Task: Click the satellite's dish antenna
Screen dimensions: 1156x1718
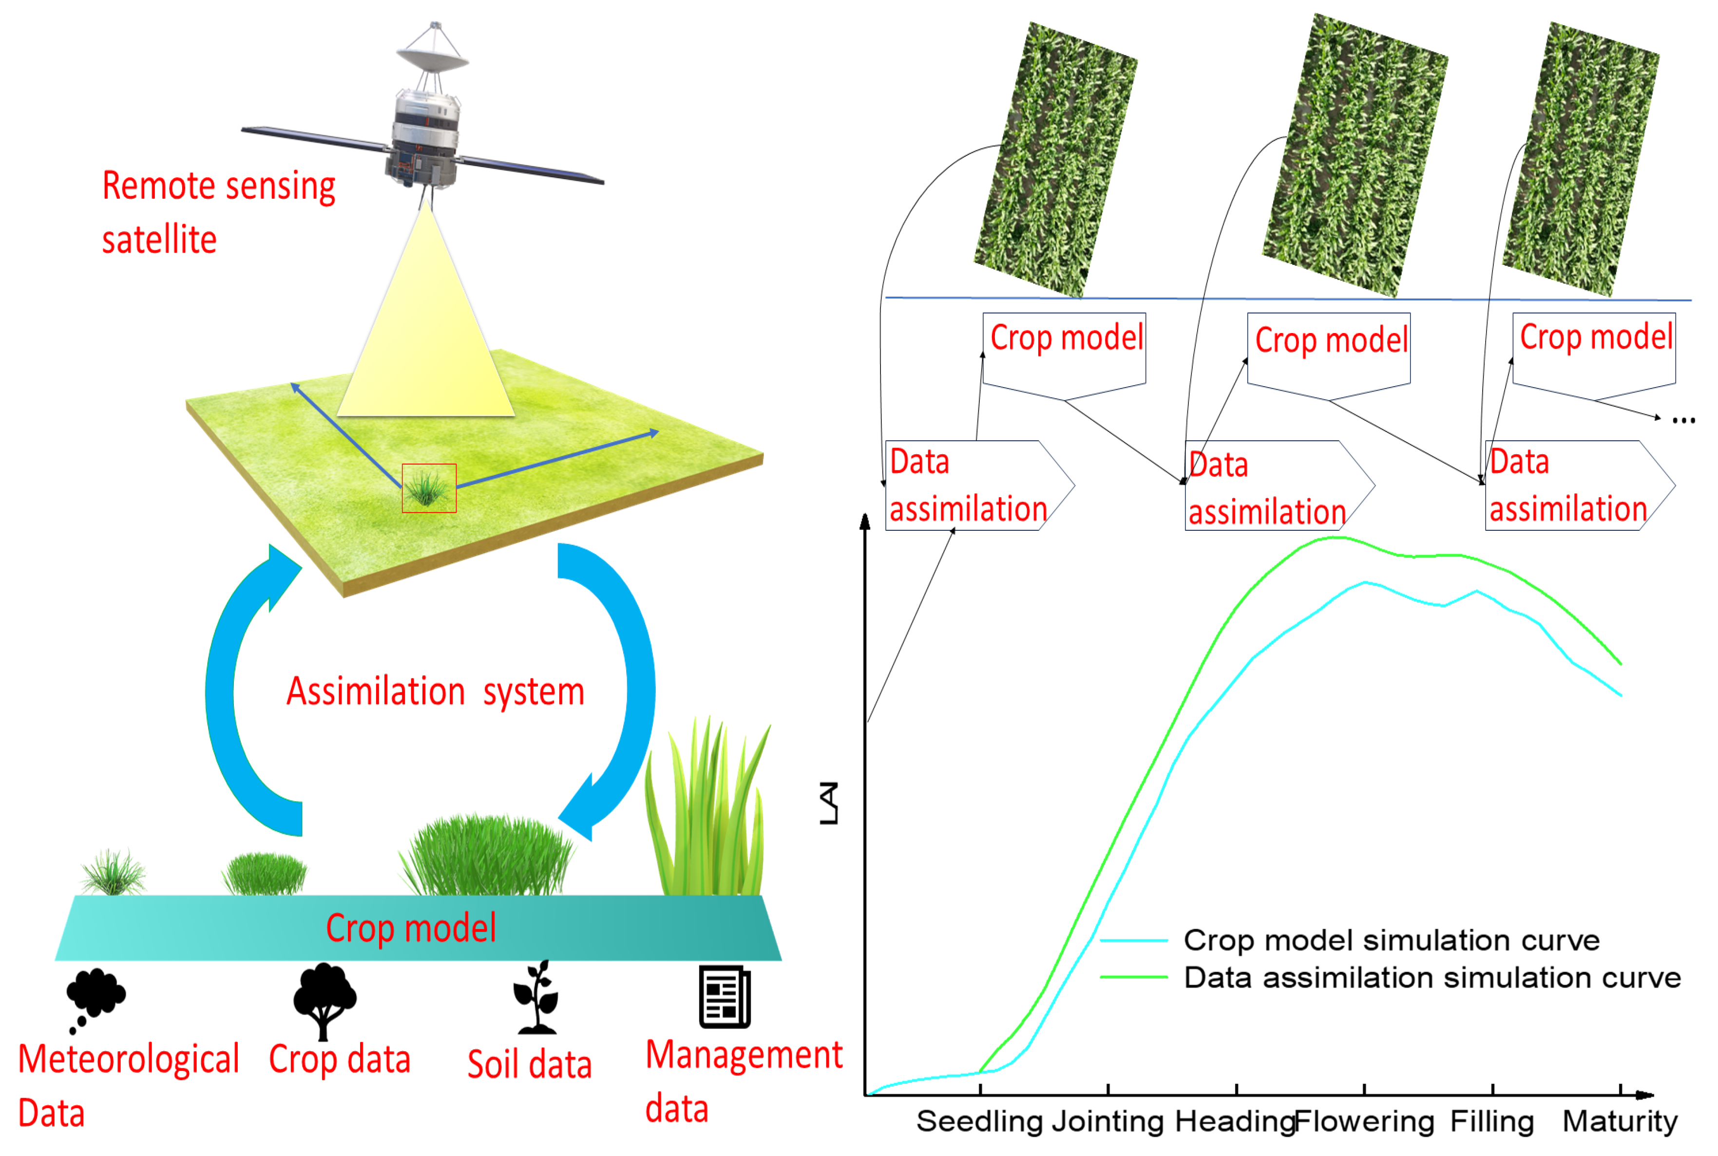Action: coord(432,56)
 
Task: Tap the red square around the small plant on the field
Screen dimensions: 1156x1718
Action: coord(429,488)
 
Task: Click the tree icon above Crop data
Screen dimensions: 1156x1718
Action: coord(325,999)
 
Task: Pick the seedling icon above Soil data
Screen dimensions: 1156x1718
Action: coord(537,997)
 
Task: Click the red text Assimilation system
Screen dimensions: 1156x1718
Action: coord(435,691)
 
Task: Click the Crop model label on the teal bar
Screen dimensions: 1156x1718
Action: coord(411,928)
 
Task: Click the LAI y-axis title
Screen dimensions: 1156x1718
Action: coord(829,803)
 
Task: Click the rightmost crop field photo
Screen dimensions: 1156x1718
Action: coord(1580,159)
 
